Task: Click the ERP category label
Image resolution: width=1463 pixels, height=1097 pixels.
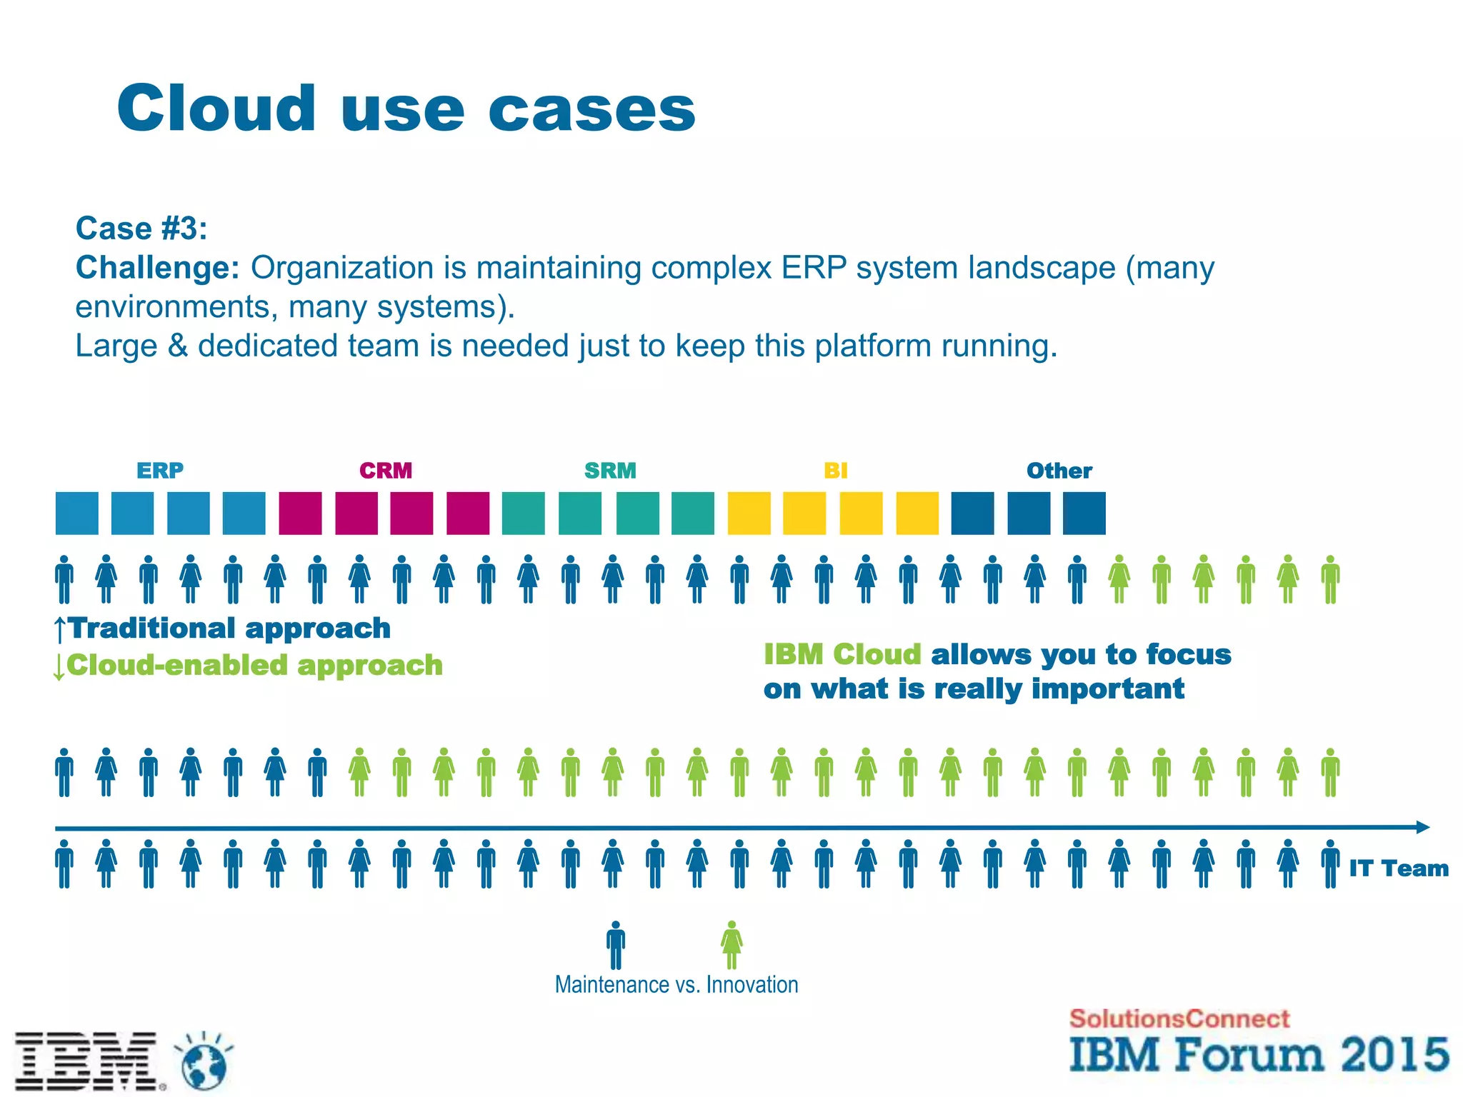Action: coord(160,471)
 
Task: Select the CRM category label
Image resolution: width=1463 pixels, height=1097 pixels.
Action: coord(386,471)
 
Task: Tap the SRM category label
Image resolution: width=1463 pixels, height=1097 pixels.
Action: coord(610,471)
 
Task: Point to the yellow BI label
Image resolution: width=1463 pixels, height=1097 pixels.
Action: coord(835,471)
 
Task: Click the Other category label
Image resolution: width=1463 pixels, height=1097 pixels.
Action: coord(1059,471)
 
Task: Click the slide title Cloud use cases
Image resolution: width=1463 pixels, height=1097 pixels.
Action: coord(406,109)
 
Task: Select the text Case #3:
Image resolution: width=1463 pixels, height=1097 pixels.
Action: coord(141,229)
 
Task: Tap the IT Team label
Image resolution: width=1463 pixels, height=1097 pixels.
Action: coord(1398,868)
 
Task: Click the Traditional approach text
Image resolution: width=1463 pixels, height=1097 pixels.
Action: coord(229,628)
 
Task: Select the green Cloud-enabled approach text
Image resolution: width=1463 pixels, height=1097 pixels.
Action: coord(254,666)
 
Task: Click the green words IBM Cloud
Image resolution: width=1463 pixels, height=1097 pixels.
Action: coord(843,654)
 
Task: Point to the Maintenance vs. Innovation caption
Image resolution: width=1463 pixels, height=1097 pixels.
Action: coord(676,985)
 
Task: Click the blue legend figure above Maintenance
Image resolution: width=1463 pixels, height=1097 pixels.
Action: coord(616,944)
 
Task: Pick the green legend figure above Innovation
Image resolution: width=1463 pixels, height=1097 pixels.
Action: coord(731,944)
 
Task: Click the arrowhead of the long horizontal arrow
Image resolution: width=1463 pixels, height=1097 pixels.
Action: coord(1422,827)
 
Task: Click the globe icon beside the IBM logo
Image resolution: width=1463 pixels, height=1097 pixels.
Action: coord(204,1062)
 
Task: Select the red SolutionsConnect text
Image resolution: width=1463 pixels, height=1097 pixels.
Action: coord(1179,1018)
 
